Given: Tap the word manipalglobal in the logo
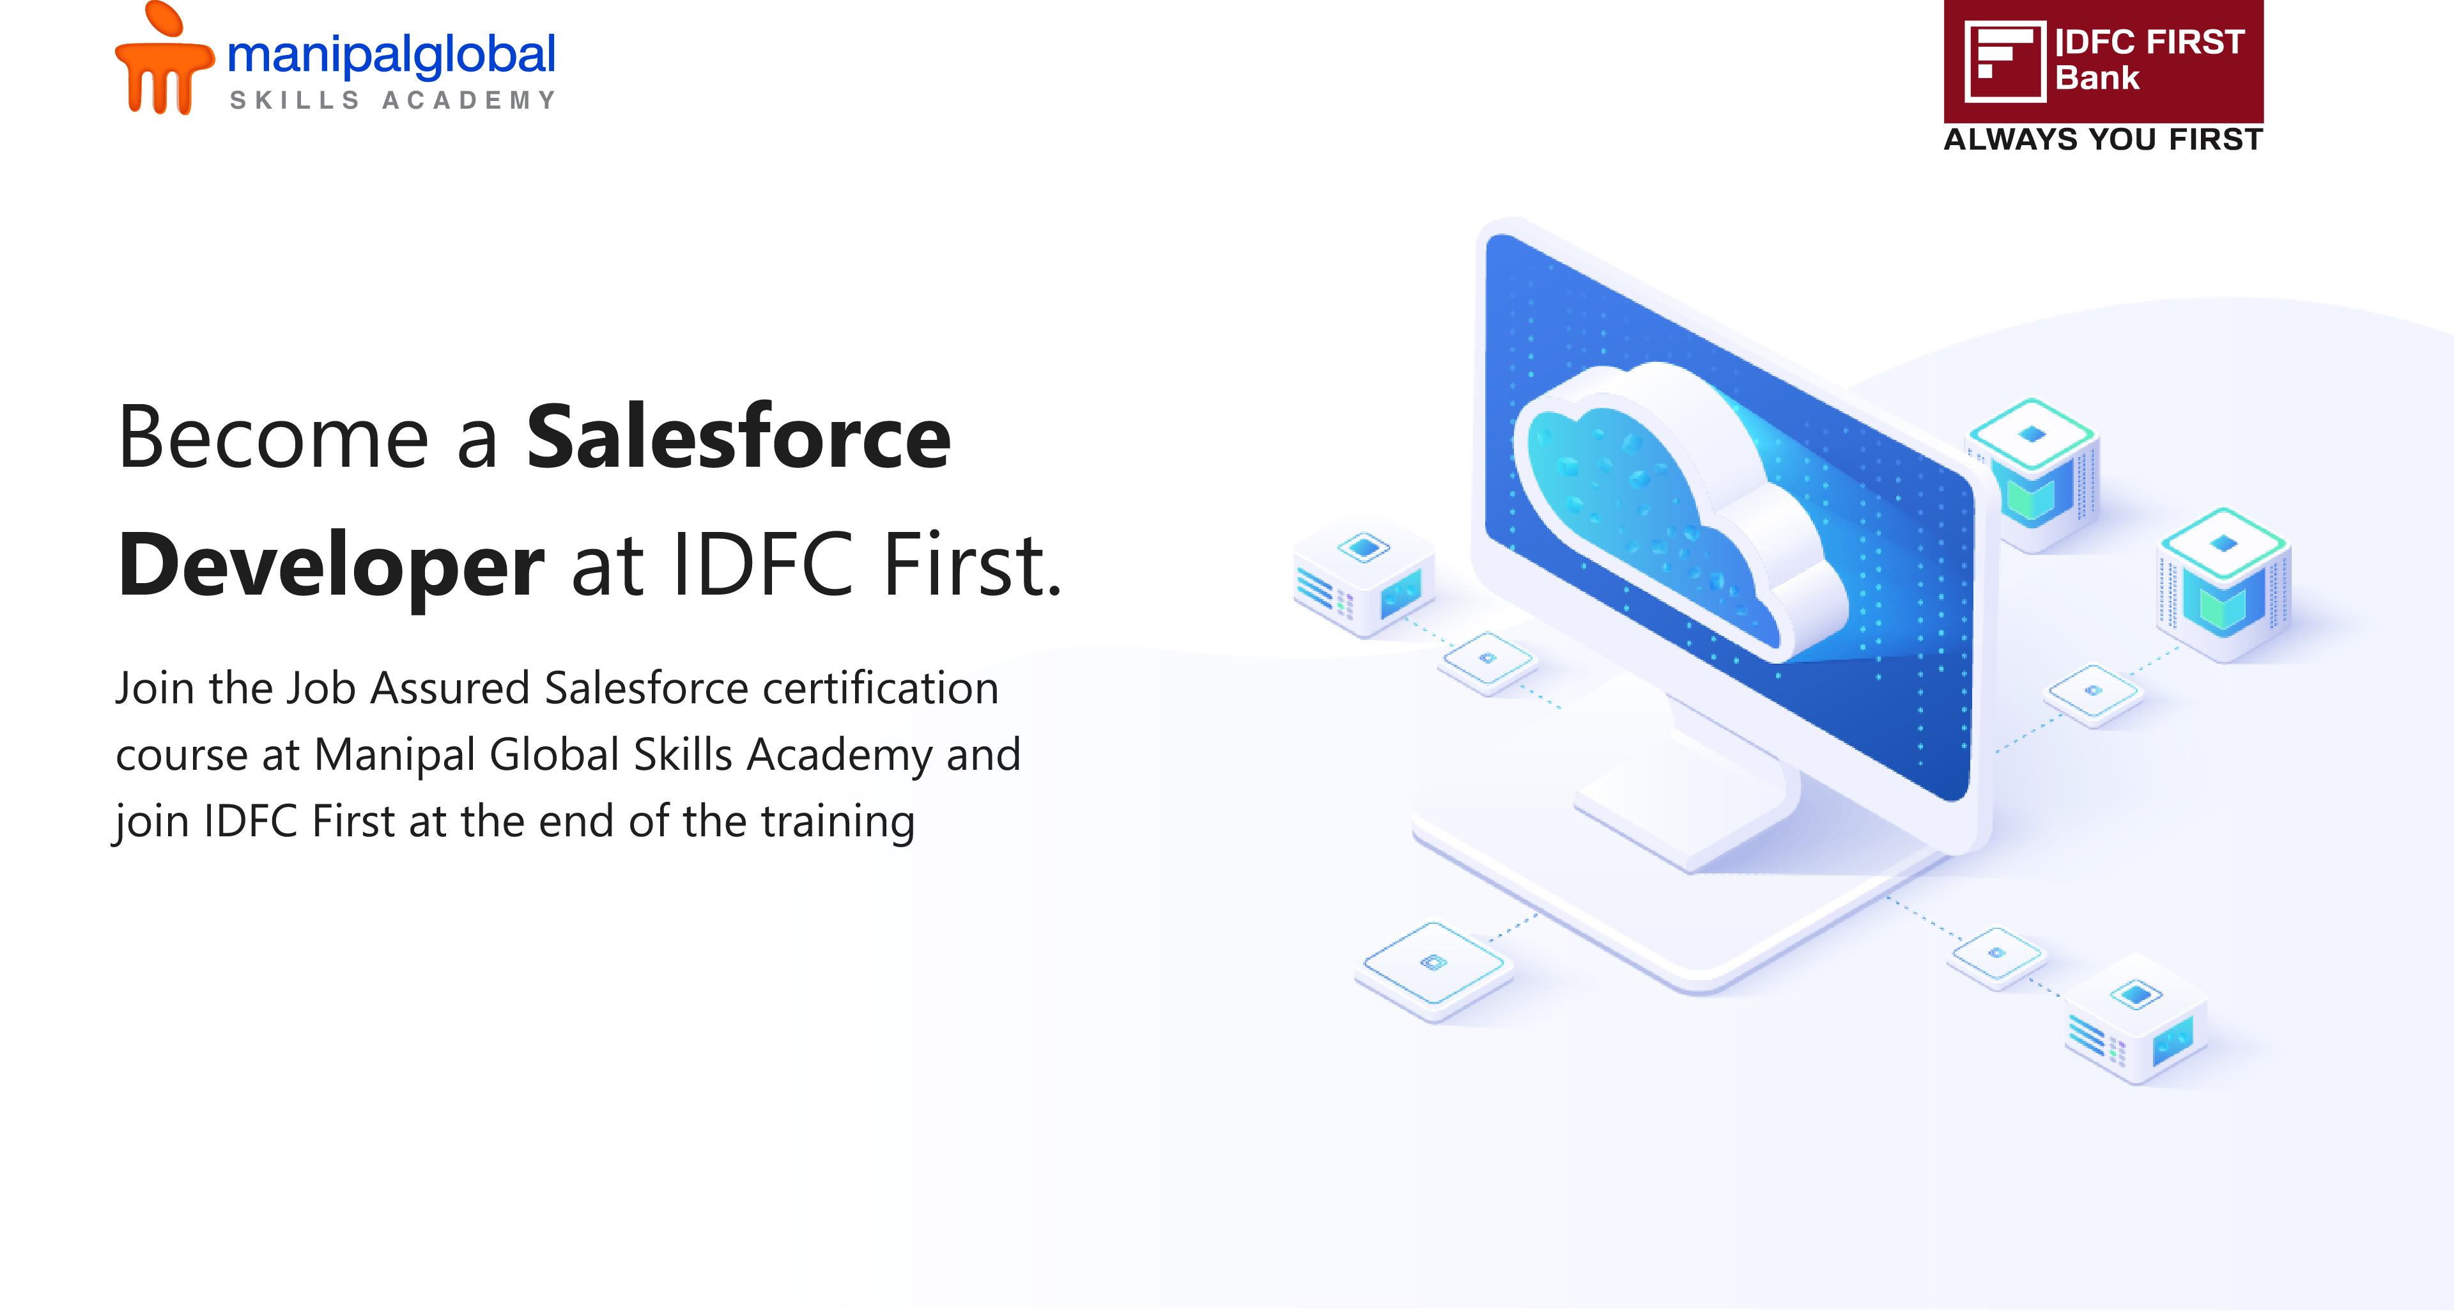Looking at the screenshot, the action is click(390, 55).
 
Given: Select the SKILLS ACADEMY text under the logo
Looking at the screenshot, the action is click(392, 100).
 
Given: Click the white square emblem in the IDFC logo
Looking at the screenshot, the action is click(2004, 61).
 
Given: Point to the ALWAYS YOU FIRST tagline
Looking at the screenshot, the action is click(2103, 139).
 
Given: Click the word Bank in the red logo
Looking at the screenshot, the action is click(2097, 77).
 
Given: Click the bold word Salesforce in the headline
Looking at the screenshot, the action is click(738, 437).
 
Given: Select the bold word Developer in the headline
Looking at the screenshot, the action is click(330, 566).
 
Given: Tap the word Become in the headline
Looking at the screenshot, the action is click(274, 437).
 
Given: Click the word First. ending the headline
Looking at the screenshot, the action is click(971, 565).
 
